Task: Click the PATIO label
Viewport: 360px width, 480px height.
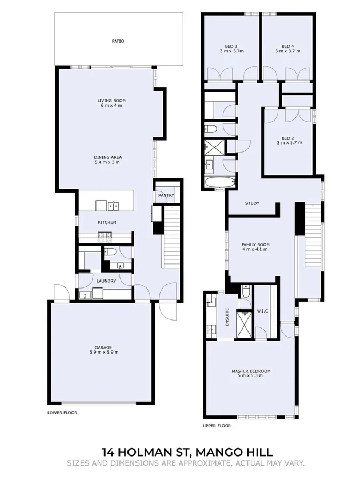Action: pos(118,41)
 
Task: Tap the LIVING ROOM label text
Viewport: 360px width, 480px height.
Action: pos(111,100)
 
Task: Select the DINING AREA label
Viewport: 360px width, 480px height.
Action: pos(108,157)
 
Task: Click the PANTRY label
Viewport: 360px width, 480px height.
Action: pos(166,195)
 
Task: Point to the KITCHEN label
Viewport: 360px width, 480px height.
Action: pos(107,222)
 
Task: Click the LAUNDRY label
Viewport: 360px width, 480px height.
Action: pos(106,281)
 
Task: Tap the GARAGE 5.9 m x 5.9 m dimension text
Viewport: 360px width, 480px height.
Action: pos(103,352)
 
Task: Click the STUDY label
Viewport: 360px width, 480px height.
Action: pos(252,203)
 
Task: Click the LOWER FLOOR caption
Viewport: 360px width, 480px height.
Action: pos(62,412)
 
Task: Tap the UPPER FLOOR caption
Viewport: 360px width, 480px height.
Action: pos(217,426)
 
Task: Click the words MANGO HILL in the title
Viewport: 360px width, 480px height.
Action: pos(228,452)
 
